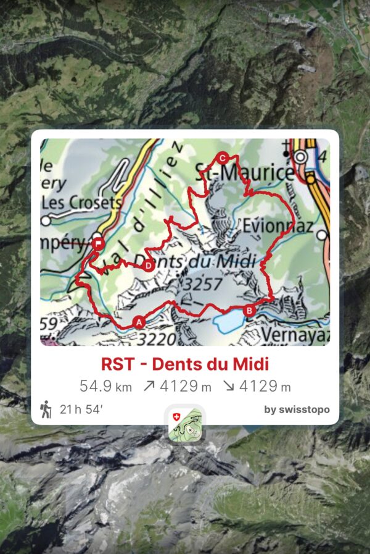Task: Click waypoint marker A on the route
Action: tap(138, 322)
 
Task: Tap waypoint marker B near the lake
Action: tap(249, 311)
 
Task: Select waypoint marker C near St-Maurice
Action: tap(223, 157)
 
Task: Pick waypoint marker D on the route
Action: tap(148, 266)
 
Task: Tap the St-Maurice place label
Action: tap(244, 172)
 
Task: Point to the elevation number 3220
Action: tap(157, 338)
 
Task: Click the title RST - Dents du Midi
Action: tap(185, 364)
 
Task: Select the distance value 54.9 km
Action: tap(105, 387)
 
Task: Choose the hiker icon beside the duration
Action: tap(46, 409)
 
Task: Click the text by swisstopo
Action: tap(297, 409)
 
